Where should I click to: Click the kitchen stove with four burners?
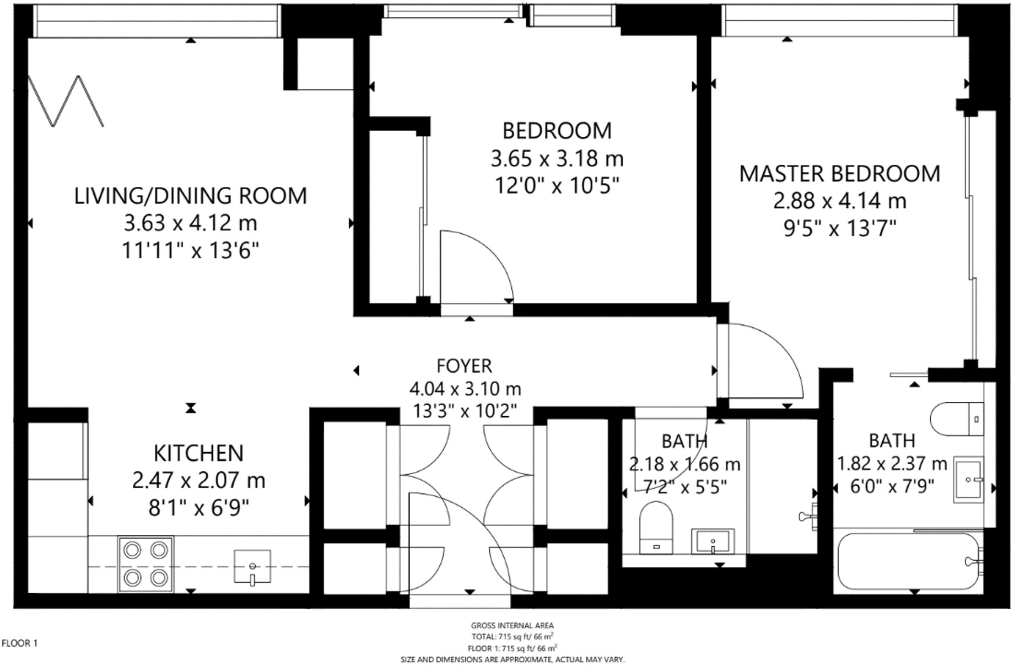pyautogui.click(x=146, y=564)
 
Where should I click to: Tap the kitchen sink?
pyautogui.click(x=252, y=566)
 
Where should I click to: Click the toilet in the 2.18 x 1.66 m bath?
pyautogui.click(x=657, y=528)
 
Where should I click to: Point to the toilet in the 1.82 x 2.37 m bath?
pyautogui.click(x=957, y=419)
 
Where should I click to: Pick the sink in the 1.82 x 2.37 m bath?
pyautogui.click(x=969, y=480)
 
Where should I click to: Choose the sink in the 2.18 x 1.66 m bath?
pyautogui.click(x=713, y=541)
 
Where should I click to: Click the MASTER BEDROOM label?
pyautogui.click(x=839, y=174)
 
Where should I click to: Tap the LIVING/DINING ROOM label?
pyautogui.click(x=191, y=196)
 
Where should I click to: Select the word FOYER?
pyautogui.click(x=464, y=366)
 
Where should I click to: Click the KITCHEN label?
pyautogui.click(x=198, y=453)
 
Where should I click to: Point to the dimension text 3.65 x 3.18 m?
pyautogui.click(x=557, y=159)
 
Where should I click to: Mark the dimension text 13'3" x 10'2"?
pyautogui.click(x=465, y=411)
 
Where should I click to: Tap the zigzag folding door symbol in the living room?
pyautogui.click(x=66, y=101)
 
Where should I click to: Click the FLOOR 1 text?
pyautogui.click(x=20, y=643)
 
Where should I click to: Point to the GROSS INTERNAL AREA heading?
pyautogui.click(x=512, y=625)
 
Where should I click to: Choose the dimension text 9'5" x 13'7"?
pyautogui.click(x=840, y=228)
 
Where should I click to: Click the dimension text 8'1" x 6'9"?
pyautogui.click(x=198, y=507)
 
